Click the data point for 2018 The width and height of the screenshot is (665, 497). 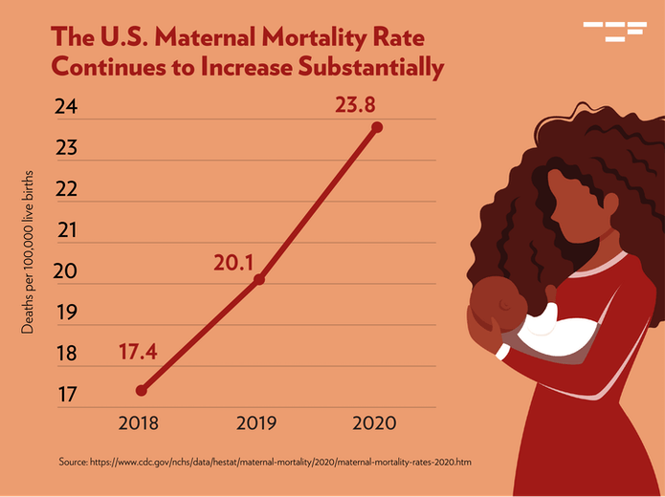(x=142, y=390)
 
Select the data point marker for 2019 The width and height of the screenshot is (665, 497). (x=259, y=279)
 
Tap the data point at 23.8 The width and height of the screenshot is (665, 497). (x=377, y=127)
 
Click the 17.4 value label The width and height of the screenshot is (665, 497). (x=137, y=352)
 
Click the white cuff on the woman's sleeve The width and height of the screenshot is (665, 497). (x=501, y=351)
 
